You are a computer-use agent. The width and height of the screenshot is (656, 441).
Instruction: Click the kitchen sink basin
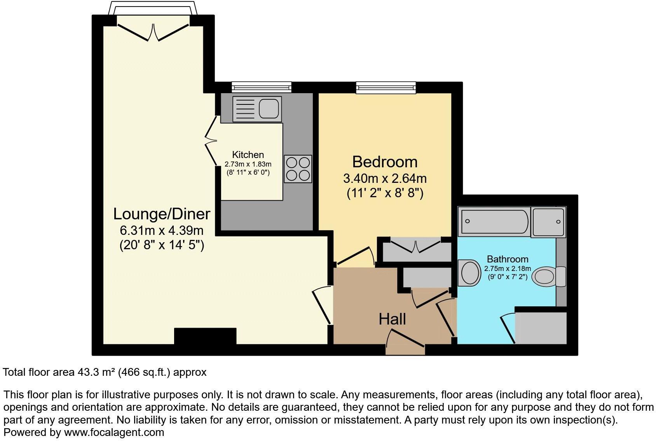269,108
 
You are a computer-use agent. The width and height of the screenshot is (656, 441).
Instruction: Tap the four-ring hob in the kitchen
298,169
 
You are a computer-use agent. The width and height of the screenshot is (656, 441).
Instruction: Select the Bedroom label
384,161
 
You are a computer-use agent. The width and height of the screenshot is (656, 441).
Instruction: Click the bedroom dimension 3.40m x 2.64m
384,179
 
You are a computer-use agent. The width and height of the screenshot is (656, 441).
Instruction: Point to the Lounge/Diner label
162,214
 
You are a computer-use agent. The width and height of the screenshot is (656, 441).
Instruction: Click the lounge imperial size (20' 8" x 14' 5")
162,245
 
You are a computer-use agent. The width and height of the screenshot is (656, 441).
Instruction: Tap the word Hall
392,319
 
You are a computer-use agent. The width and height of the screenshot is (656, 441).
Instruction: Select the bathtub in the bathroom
494,221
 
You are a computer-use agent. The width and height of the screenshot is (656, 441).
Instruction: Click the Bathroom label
507,259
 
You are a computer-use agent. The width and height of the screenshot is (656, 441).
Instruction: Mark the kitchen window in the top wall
261,87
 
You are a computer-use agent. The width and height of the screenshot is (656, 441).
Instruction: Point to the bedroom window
386,87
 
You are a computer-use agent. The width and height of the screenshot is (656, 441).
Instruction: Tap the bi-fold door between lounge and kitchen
211,141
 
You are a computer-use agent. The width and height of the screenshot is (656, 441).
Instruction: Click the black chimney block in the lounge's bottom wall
205,336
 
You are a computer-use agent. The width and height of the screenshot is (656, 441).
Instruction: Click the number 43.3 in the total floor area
87,372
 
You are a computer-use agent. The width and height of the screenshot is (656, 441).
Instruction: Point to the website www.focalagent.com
114,432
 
